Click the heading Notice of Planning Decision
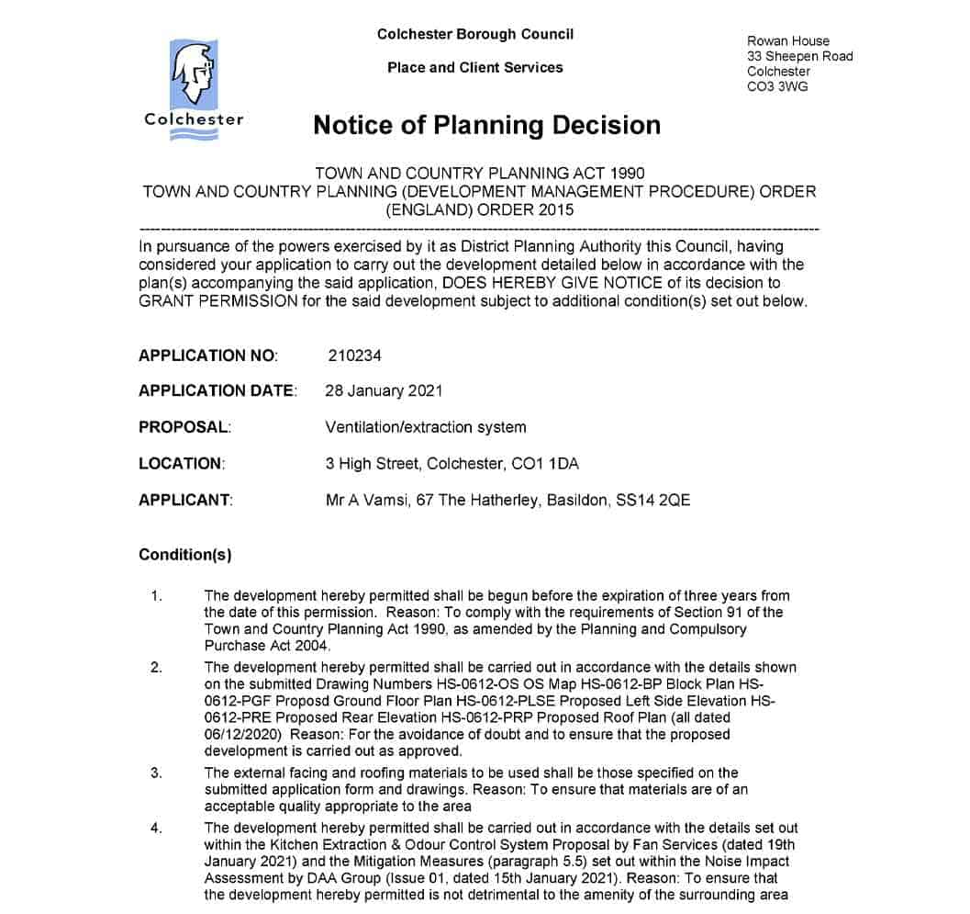[x=486, y=125]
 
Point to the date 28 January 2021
[x=384, y=390]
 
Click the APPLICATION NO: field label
[x=208, y=355]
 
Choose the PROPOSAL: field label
[x=184, y=427]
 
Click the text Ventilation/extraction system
[x=426, y=427]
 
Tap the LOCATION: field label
[x=182, y=464]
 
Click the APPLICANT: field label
[x=185, y=501]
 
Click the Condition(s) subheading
[x=185, y=555]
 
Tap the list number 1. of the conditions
[x=157, y=595]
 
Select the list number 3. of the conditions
[x=157, y=773]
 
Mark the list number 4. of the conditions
[x=157, y=828]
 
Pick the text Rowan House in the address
[x=788, y=40]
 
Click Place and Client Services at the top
[x=474, y=67]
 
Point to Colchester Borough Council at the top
[x=474, y=34]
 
